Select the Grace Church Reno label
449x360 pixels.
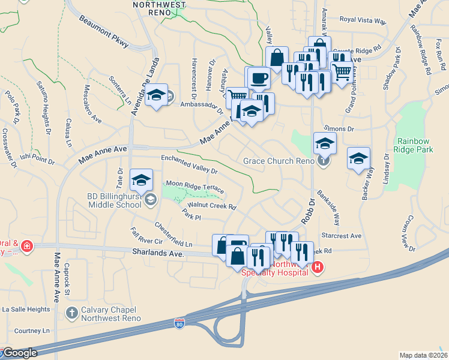[279, 161]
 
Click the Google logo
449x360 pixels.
[19, 353]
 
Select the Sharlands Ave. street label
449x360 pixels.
[157, 254]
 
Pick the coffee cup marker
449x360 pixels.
[259, 78]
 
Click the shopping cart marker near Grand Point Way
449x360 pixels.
[342, 72]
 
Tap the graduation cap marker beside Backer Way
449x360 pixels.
[358, 158]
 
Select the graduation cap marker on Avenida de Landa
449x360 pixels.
[156, 95]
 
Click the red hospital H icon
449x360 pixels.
[318, 267]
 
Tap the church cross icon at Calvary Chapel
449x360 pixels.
[71, 313]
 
